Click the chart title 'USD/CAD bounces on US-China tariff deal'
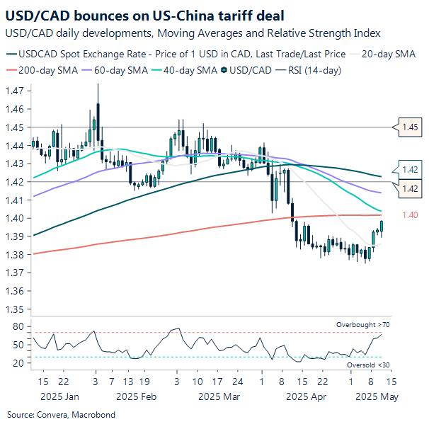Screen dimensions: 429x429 click(x=142, y=15)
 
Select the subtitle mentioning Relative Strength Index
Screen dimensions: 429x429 click(x=192, y=33)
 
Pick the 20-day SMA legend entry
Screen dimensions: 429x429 click(x=392, y=53)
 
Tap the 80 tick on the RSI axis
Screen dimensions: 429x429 click(x=18, y=327)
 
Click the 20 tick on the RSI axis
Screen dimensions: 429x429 click(x=18, y=363)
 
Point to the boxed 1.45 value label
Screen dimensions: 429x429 click(x=410, y=127)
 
